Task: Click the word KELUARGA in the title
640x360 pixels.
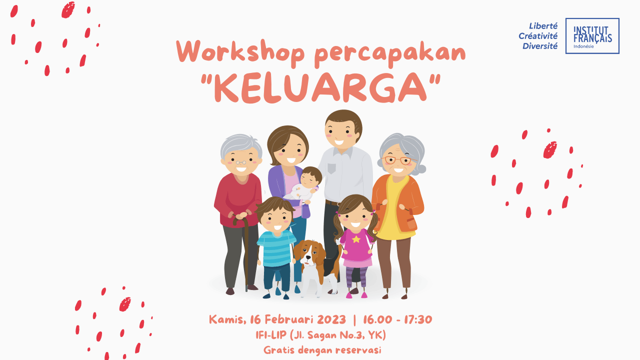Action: tap(320, 88)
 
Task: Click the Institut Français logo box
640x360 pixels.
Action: tap(592, 36)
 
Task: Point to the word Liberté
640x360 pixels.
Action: tap(543, 26)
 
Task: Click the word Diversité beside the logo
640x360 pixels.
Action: tap(540, 46)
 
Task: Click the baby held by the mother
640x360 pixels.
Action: tap(304, 184)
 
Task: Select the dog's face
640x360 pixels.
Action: tap(309, 253)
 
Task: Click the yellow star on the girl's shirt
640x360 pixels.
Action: tap(356, 239)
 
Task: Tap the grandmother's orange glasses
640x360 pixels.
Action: tap(397, 160)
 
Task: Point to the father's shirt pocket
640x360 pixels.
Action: tap(331, 168)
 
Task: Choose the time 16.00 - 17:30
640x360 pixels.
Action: tap(397, 319)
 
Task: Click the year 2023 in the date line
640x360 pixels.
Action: tap(331, 319)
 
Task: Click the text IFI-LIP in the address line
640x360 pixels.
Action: tap(271, 335)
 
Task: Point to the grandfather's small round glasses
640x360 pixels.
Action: tap(241, 162)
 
